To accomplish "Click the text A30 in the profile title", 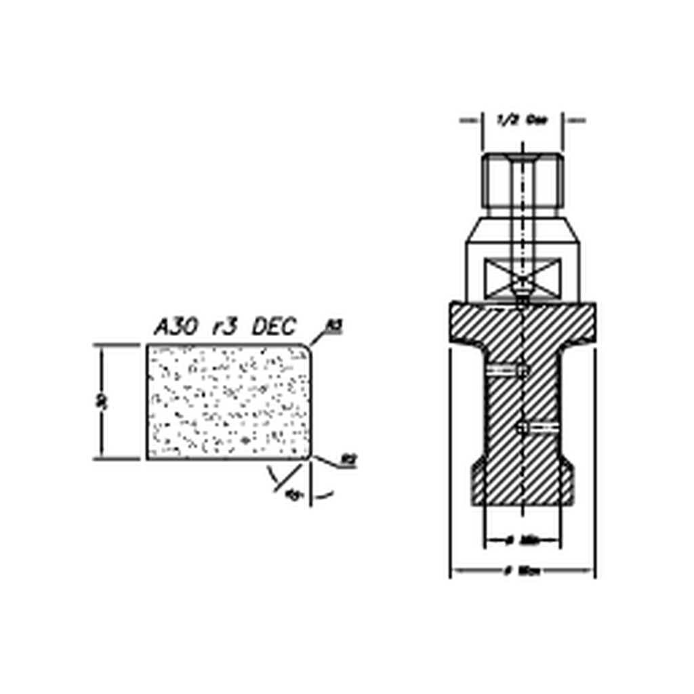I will (176, 327).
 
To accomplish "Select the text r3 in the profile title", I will (224, 327).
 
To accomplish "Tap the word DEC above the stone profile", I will (274, 327).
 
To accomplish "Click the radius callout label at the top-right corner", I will (333, 327).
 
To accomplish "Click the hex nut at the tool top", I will (523, 181).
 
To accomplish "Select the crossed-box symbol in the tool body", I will (523, 279).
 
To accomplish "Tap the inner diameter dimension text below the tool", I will (522, 541).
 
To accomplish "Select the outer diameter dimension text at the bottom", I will (522, 571).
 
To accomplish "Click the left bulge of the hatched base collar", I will (478, 483).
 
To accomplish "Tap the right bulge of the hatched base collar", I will (567, 483).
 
